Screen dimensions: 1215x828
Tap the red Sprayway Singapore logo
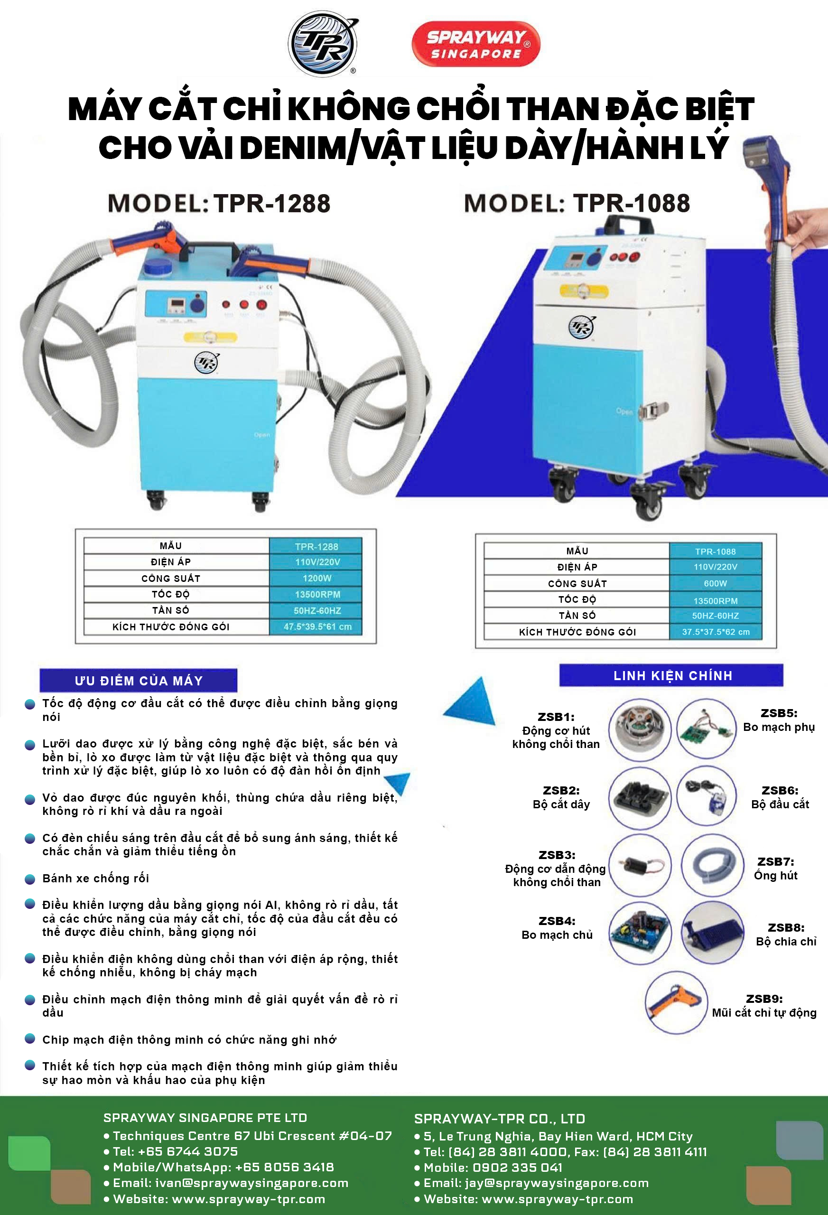tap(475, 45)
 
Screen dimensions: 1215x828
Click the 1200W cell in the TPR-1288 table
tap(316, 578)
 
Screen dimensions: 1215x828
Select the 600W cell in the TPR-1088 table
tap(715, 583)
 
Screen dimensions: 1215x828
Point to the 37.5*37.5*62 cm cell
tap(715, 632)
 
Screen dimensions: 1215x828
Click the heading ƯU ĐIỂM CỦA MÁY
tap(139, 680)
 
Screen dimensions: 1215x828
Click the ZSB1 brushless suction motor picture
tap(640, 729)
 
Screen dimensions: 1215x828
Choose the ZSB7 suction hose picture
tap(713, 865)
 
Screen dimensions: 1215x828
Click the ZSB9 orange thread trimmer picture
tap(676, 1002)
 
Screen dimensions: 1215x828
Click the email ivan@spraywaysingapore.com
tap(231, 1183)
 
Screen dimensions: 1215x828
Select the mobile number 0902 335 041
tap(493, 1168)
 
